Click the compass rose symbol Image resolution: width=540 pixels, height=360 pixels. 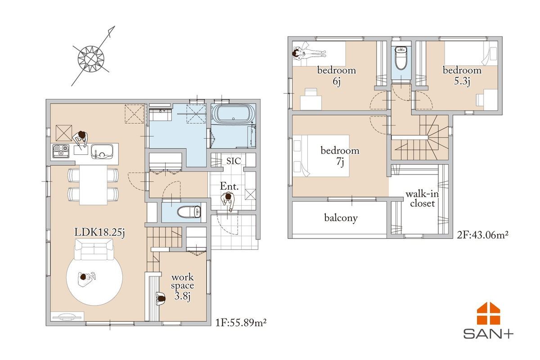tap(91, 58)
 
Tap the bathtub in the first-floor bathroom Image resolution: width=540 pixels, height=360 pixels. tap(233, 114)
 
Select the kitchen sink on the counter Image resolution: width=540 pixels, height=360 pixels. tap(102, 152)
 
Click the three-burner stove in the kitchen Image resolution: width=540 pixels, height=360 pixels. tap(61, 151)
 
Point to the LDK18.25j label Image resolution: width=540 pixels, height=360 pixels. tap(99, 233)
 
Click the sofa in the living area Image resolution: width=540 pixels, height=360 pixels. tap(94, 249)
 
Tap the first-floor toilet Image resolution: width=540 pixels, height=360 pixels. tap(189, 211)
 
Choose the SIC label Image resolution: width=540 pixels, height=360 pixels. tap(234, 161)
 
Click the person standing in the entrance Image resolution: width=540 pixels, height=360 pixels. tap(228, 201)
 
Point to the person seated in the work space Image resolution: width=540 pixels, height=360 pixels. tap(160, 299)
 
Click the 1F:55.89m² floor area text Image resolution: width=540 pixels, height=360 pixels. tap(241, 322)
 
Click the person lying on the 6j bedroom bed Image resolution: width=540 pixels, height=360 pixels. tap(309, 53)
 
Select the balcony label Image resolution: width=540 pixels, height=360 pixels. tap(341, 218)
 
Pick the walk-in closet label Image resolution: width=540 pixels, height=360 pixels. tap(422, 199)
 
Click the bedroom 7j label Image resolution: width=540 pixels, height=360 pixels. tap(340, 156)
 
